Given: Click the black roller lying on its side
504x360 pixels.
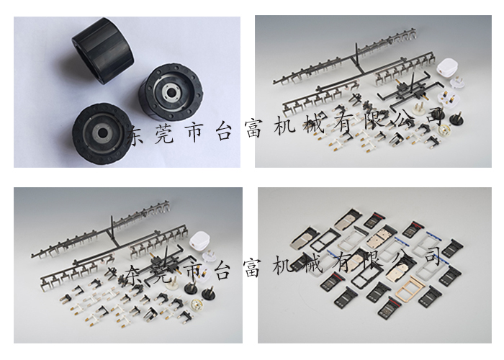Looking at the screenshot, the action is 103,50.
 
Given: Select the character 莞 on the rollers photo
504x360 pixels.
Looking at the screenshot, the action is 164,133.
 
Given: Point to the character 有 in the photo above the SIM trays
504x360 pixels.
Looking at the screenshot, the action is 343,124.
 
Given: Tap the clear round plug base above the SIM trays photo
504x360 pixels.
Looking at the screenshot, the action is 444,128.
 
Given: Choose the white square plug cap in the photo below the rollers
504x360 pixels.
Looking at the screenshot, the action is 199,240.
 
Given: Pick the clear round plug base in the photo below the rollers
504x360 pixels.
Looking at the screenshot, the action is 197,304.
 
